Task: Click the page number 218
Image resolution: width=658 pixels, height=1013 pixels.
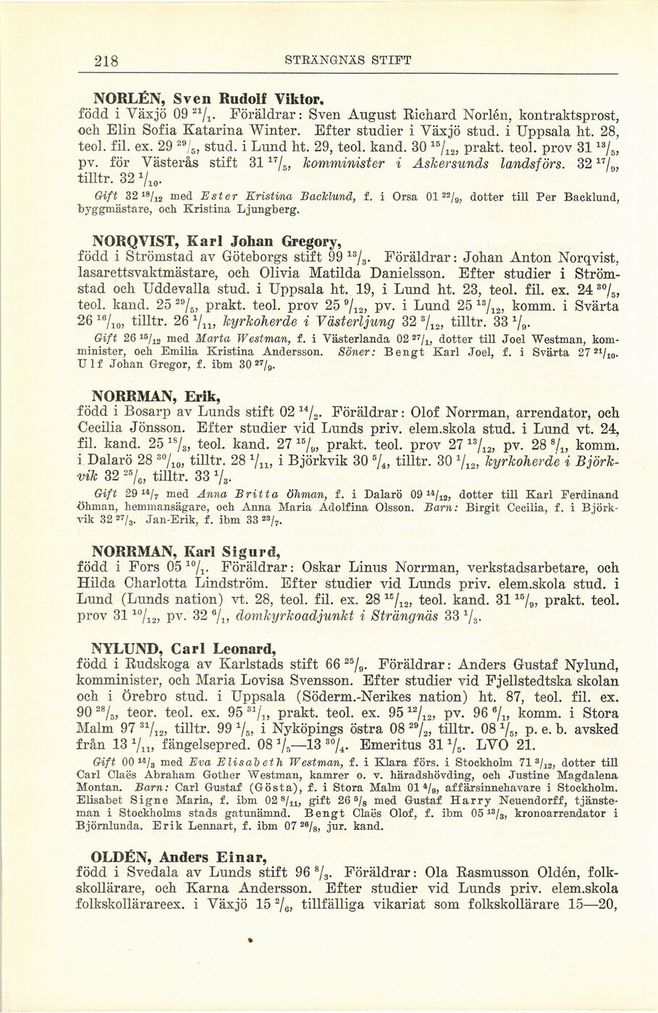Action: click(x=108, y=60)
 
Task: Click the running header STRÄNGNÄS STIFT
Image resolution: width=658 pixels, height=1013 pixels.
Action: click(x=348, y=60)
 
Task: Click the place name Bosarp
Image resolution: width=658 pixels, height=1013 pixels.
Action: click(x=143, y=413)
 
